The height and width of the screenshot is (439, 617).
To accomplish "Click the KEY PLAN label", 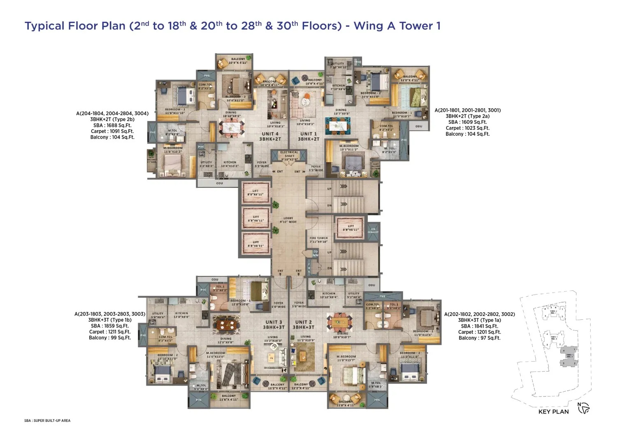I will point(553,411).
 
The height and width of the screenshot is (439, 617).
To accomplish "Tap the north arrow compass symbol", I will point(584,408).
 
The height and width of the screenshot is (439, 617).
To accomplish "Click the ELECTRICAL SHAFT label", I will point(289,154).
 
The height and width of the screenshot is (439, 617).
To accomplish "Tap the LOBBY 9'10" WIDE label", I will point(288,220).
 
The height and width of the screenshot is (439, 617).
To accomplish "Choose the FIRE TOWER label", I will point(319,240).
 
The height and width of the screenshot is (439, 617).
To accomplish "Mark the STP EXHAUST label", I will point(373,230).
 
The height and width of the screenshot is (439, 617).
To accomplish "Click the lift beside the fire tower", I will point(350,228).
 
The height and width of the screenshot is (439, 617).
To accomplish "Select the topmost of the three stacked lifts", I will point(255,193).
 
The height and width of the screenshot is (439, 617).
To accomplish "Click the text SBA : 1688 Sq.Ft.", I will point(112,125).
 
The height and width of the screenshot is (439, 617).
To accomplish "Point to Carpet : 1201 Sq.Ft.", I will point(479,332).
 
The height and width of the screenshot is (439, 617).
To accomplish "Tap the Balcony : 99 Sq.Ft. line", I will point(110,338).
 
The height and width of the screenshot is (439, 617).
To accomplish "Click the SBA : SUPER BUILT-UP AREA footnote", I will point(47,420).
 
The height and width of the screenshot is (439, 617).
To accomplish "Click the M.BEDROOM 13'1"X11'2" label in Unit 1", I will point(349,148).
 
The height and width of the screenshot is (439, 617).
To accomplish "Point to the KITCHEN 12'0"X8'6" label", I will point(181,315).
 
